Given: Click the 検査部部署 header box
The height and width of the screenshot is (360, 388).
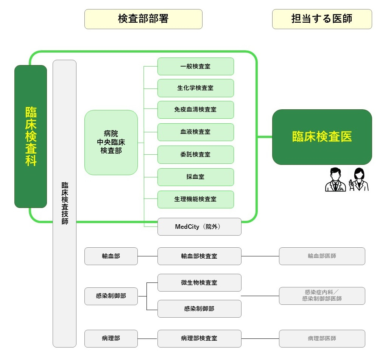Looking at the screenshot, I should tap(143, 19).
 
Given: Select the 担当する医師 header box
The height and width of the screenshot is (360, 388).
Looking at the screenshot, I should tap(322, 19).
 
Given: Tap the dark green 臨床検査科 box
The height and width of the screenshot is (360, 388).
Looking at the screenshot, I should tap(31, 136).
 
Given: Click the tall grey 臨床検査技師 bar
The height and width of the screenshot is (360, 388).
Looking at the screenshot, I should tap(64, 203).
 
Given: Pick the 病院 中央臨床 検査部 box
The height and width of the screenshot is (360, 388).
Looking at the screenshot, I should tap(111, 142).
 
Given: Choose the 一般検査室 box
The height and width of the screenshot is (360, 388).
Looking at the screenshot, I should tap(195, 67).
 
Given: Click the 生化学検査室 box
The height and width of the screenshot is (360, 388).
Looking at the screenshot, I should tap(195, 88).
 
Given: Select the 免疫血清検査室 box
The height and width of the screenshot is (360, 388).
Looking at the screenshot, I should tap(195, 110).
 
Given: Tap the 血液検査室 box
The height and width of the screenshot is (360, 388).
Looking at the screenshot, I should tap(195, 132).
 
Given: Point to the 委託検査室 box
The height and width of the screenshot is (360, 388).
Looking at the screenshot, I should tap(195, 155).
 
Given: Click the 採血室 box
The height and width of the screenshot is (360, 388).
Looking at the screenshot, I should tap(195, 177).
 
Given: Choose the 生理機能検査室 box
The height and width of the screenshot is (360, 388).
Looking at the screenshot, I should tap(195, 199).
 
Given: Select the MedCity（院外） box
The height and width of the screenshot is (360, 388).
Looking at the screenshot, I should tap(199, 227).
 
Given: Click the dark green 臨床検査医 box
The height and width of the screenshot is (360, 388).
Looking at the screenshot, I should tap(322, 137).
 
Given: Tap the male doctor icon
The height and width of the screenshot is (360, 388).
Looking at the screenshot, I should tap(335, 180).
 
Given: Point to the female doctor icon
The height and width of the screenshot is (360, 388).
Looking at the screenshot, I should tap(358, 180).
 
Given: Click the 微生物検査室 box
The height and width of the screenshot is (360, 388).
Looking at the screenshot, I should tap(199, 283).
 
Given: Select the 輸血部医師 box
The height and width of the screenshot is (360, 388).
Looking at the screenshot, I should tap(322, 256).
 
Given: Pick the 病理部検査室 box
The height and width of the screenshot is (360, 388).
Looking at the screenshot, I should tap(199, 338).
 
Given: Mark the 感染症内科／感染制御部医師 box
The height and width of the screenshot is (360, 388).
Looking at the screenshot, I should tap(322, 296).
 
